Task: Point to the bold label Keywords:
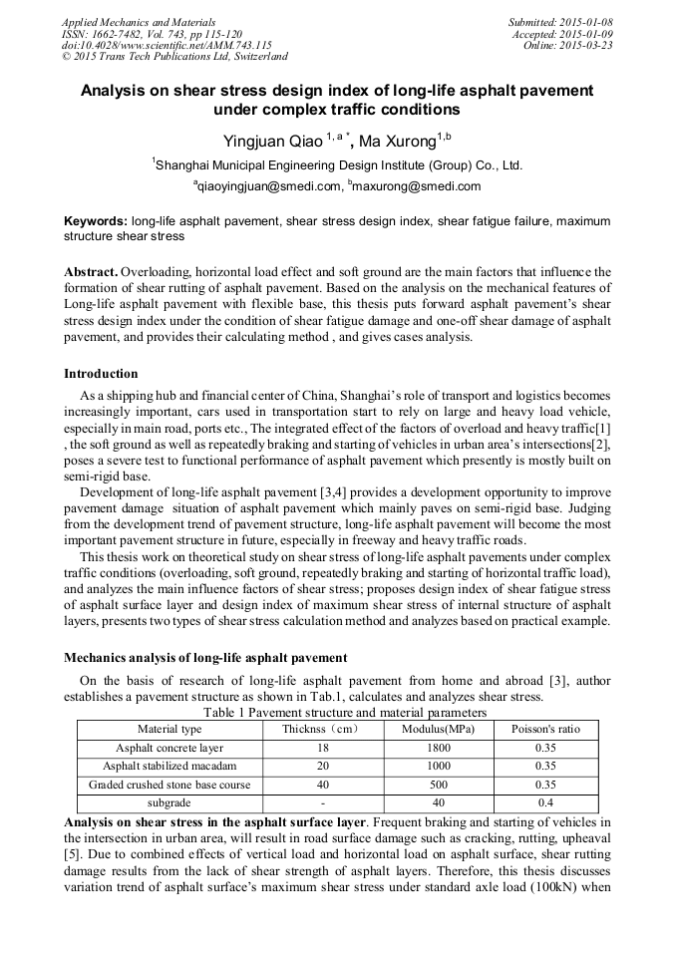[95, 220]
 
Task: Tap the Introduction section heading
[101, 374]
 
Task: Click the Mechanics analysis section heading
[205, 658]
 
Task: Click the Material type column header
[169, 730]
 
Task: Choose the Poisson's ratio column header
[545, 730]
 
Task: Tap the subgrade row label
[169, 802]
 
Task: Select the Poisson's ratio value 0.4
[545, 802]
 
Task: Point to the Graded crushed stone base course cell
[169, 785]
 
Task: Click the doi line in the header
[167, 45]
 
